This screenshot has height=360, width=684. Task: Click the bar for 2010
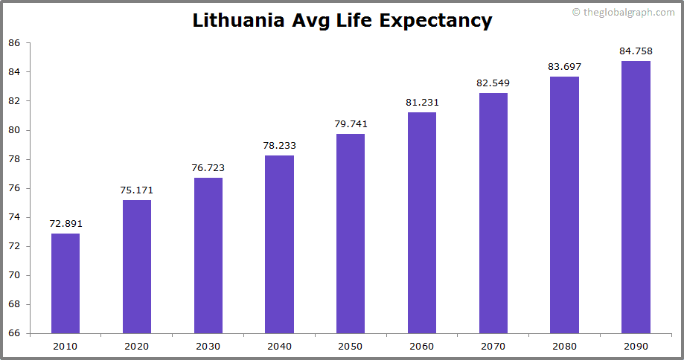coord(65,283)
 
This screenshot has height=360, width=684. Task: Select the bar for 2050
coord(351,234)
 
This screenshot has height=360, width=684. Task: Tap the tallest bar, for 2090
coord(636,197)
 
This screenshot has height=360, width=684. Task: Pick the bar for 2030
coord(208,255)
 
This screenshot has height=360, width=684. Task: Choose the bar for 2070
coord(493,213)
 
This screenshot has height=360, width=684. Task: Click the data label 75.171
coord(137,190)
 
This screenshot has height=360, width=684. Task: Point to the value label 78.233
coord(279,146)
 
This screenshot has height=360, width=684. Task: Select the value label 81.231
coord(422,103)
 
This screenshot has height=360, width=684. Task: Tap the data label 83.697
coord(564,67)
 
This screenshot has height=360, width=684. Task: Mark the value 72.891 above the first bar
coord(65,223)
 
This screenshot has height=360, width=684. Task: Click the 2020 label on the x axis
coord(137,346)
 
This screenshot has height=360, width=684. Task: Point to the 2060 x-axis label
coord(422,346)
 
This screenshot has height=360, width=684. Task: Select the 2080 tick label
coord(564,346)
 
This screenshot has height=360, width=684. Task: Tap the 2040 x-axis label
coord(279,346)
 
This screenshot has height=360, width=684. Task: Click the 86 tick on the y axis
coord(14,43)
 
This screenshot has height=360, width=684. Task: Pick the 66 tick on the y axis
coord(14,334)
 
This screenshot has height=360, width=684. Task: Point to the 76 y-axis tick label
coord(14,188)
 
